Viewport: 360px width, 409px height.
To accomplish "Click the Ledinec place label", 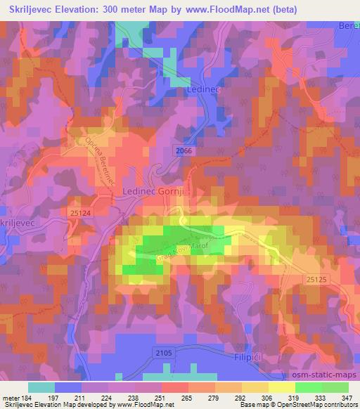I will tap(203, 91).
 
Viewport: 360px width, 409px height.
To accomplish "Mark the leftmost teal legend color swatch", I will tap(41, 387).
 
